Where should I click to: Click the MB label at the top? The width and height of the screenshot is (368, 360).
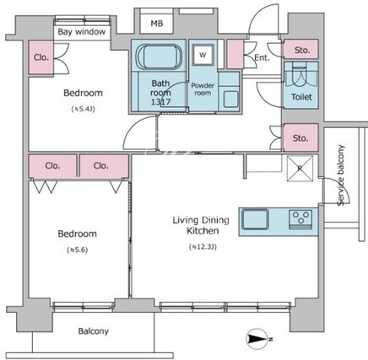click(x=157, y=24)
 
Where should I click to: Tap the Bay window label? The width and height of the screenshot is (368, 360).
click(x=82, y=32)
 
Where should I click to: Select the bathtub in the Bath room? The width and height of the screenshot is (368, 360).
click(x=159, y=56)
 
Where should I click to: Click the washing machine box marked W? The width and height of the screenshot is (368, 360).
click(x=203, y=55)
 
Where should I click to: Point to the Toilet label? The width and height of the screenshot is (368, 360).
click(x=301, y=97)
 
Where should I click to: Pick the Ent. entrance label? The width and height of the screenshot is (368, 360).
click(x=262, y=58)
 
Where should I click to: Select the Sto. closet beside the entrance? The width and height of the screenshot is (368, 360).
click(x=300, y=50)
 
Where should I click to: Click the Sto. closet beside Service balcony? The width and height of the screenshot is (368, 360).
click(x=300, y=137)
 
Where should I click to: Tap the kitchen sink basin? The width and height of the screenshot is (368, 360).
click(x=255, y=219)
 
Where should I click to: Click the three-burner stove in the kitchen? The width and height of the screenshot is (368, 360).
click(x=300, y=219)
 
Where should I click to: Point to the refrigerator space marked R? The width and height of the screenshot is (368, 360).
click(x=300, y=169)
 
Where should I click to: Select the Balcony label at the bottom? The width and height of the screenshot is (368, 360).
click(x=94, y=331)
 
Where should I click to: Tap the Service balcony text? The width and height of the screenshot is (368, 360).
click(x=341, y=175)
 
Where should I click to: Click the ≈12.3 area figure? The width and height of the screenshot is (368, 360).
click(x=203, y=247)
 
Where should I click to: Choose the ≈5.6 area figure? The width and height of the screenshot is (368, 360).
click(x=78, y=250)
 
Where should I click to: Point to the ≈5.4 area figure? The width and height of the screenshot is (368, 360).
click(x=83, y=109)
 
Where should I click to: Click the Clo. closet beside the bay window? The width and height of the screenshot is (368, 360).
click(x=41, y=58)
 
